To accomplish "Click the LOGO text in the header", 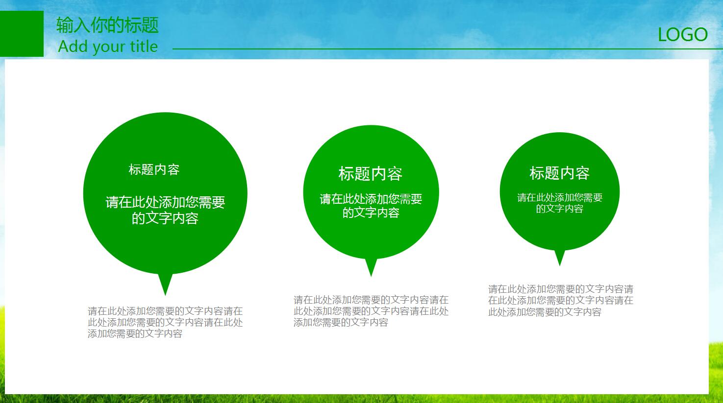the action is [683, 34].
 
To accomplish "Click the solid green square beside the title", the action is [22, 34].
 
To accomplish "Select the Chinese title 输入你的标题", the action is [107, 25].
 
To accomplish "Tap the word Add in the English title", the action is [73, 46].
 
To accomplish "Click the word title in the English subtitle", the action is [144, 46].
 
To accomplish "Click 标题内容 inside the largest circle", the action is [154, 169].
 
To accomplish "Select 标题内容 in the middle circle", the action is [371, 174].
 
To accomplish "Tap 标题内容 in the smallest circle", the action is [559, 173].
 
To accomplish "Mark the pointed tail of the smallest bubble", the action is [560, 265].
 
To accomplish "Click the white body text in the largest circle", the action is [165, 210].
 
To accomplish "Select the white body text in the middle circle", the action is [371, 206].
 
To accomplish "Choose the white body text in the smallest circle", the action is [560, 203].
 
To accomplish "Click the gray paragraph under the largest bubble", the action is [165, 322].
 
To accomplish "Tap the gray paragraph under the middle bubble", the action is [371, 311].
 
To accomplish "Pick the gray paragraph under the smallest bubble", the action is [561, 300].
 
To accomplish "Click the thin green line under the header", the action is [448, 49].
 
